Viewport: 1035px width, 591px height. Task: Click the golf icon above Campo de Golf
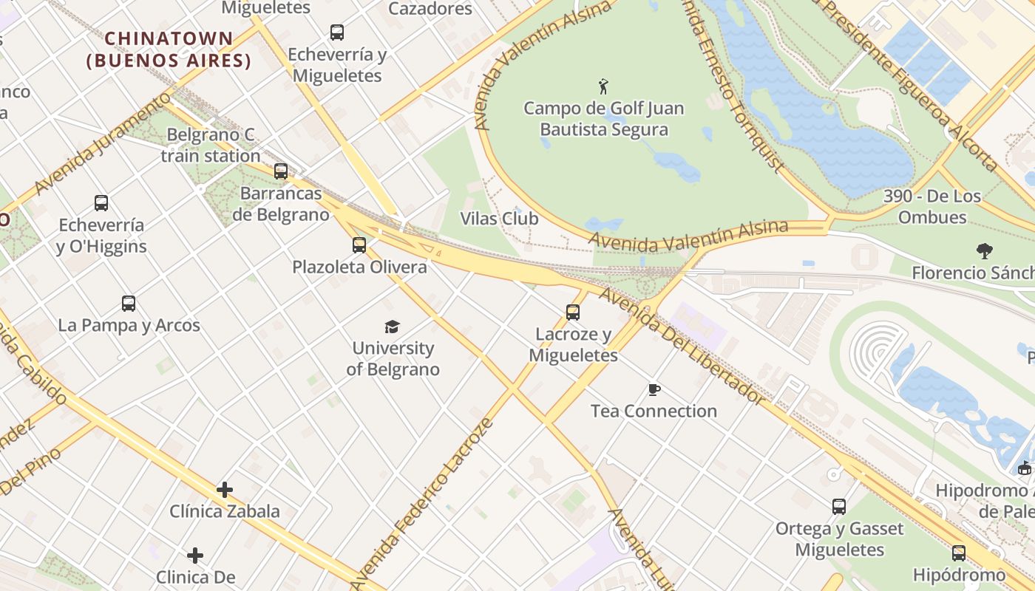pos(603,86)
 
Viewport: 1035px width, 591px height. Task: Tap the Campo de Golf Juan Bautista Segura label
pos(603,119)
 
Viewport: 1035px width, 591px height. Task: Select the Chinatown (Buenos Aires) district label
pos(169,49)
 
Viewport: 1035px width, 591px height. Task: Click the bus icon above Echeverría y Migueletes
pos(337,33)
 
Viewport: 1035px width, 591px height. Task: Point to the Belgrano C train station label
pos(211,146)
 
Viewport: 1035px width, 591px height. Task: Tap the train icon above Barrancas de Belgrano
pos(281,171)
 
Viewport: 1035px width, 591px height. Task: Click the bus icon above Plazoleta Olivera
pos(359,245)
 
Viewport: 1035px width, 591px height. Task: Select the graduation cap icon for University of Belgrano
pos(393,327)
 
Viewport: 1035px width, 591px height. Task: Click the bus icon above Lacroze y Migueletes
pos(573,312)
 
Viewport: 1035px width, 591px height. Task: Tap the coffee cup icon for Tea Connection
pos(654,389)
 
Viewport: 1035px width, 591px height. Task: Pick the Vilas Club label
pos(499,219)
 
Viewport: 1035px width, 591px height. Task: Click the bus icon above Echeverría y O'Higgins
pos(101,203)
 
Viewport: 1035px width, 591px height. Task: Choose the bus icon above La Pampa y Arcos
pos(129,304)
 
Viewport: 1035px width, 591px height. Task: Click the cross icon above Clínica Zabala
pos(225,490)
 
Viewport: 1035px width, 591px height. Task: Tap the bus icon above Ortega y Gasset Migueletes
pos(839,507)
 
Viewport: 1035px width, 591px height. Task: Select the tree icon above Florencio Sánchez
pos(984,251)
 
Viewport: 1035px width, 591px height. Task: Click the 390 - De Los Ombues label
pos(932,207)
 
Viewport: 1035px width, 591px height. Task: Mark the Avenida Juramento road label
pos(102,145)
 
